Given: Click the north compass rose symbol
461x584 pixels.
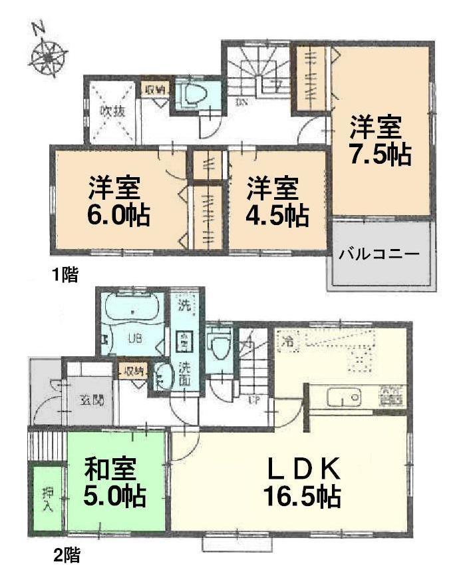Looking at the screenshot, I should (x=47, y=55).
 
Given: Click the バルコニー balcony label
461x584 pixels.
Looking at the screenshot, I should (x=379, y=254).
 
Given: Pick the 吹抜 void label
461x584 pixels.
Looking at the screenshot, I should (x=112, y=112).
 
